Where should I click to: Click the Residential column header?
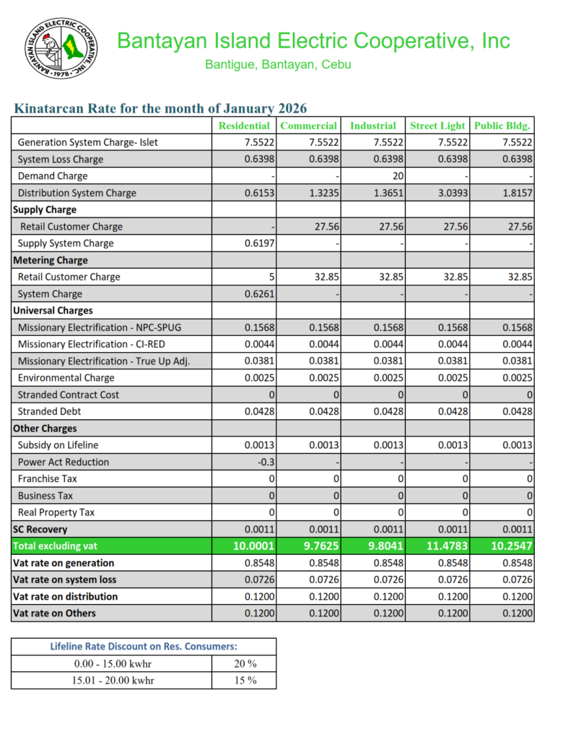(245, 126)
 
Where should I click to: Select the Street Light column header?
(437, 126)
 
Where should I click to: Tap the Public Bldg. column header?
(502, 126)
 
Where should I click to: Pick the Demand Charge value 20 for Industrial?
(397, 176)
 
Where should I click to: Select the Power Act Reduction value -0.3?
(265, 462)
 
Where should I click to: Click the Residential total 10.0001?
(254, 546)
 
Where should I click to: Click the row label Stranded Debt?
(49, 412)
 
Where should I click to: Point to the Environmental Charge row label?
(66, 378)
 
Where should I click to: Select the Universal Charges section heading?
(53, 311)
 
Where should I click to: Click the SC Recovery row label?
(40, 530)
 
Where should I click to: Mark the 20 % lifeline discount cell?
(245, 663)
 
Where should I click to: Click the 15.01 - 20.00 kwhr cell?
(113, 680)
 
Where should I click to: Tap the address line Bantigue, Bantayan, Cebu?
(278, 64)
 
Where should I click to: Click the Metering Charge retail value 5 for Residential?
(271, 277)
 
